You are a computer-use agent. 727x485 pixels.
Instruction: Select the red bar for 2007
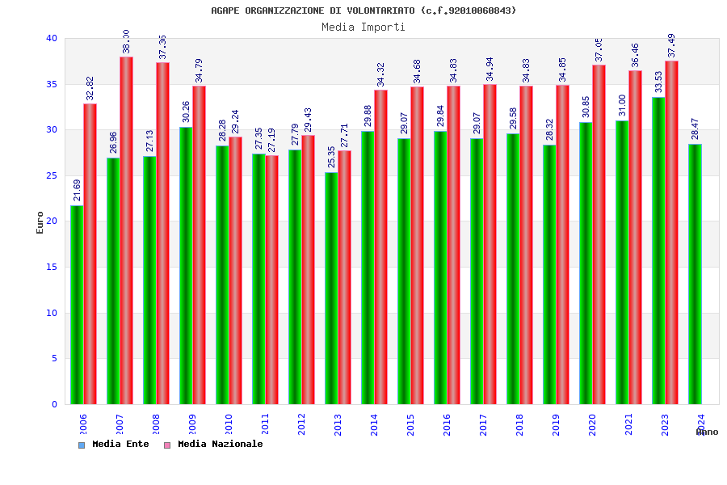click(126, 230)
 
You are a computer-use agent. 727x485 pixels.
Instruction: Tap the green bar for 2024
click(695, 274)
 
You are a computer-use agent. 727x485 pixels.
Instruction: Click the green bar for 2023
click(658, 251)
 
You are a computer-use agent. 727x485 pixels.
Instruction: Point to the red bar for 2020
click(599, 234)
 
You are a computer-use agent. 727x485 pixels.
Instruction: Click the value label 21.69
click(77, 190)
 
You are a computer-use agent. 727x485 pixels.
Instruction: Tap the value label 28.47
click(695, 129)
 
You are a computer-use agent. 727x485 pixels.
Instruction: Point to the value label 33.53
click(658, 82)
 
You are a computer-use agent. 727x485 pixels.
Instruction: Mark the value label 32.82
click(90, 88)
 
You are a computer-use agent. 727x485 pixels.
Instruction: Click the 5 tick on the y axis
click(54, 358)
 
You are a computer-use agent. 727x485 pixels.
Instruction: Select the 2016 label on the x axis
click(447, 424)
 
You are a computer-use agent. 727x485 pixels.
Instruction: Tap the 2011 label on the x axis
click(265, 424)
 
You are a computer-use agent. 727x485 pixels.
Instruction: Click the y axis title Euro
click(40, 222)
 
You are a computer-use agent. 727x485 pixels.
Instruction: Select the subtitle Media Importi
click(363, 27)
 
